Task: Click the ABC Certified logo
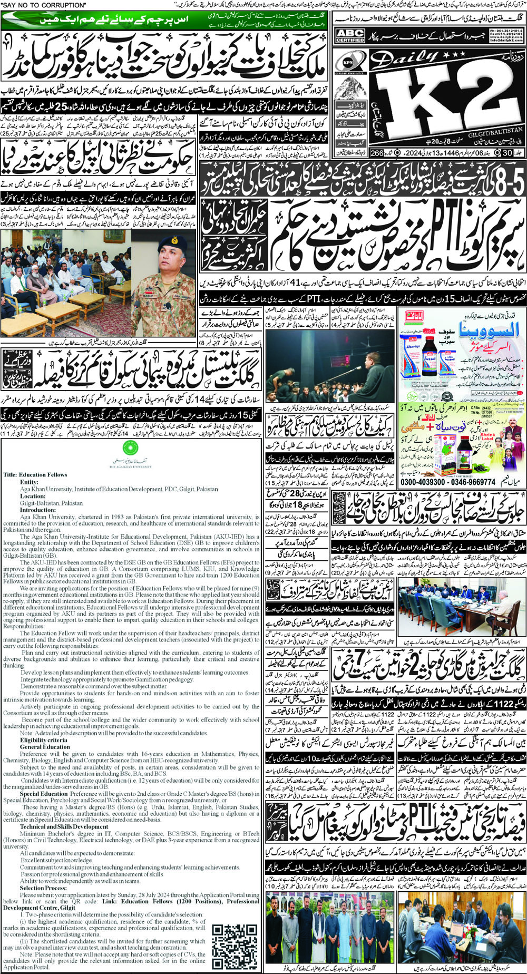pos(350,36)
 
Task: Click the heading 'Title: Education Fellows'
pos(35,475)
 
